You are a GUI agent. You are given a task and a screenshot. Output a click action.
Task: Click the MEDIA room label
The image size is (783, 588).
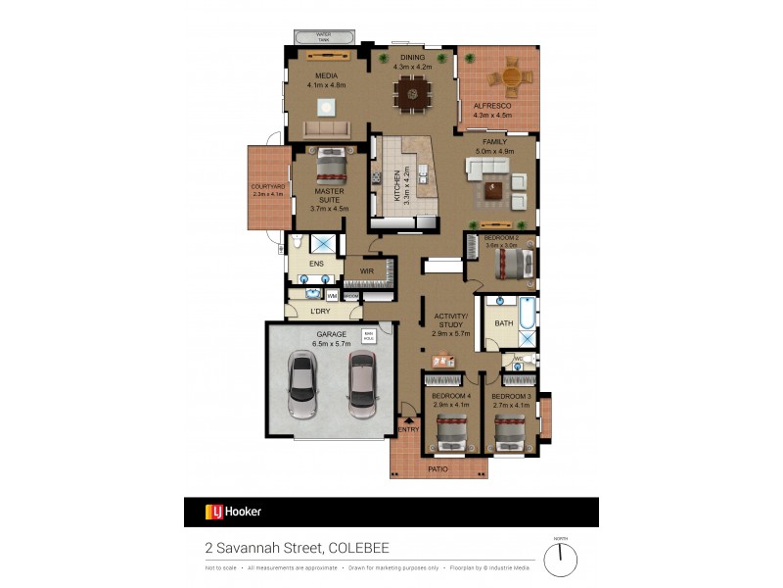pos(326,75)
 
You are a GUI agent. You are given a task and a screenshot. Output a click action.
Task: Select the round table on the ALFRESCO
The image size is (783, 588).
pos(512,75)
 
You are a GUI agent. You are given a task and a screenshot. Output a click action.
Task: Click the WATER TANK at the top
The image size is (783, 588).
pos(323,37)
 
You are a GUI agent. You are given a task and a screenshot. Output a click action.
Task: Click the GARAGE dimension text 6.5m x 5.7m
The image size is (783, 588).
pos(331,344)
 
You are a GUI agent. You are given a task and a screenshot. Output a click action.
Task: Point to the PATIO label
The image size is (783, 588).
pos(438,469)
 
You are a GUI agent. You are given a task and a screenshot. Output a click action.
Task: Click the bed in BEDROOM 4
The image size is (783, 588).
pos(450,430)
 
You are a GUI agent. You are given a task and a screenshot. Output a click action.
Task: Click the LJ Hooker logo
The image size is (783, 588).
pos(233,512)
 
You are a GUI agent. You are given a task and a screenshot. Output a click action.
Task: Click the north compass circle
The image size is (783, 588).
pos(561,560)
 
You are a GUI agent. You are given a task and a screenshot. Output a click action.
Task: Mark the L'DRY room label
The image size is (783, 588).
pos(320,312)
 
